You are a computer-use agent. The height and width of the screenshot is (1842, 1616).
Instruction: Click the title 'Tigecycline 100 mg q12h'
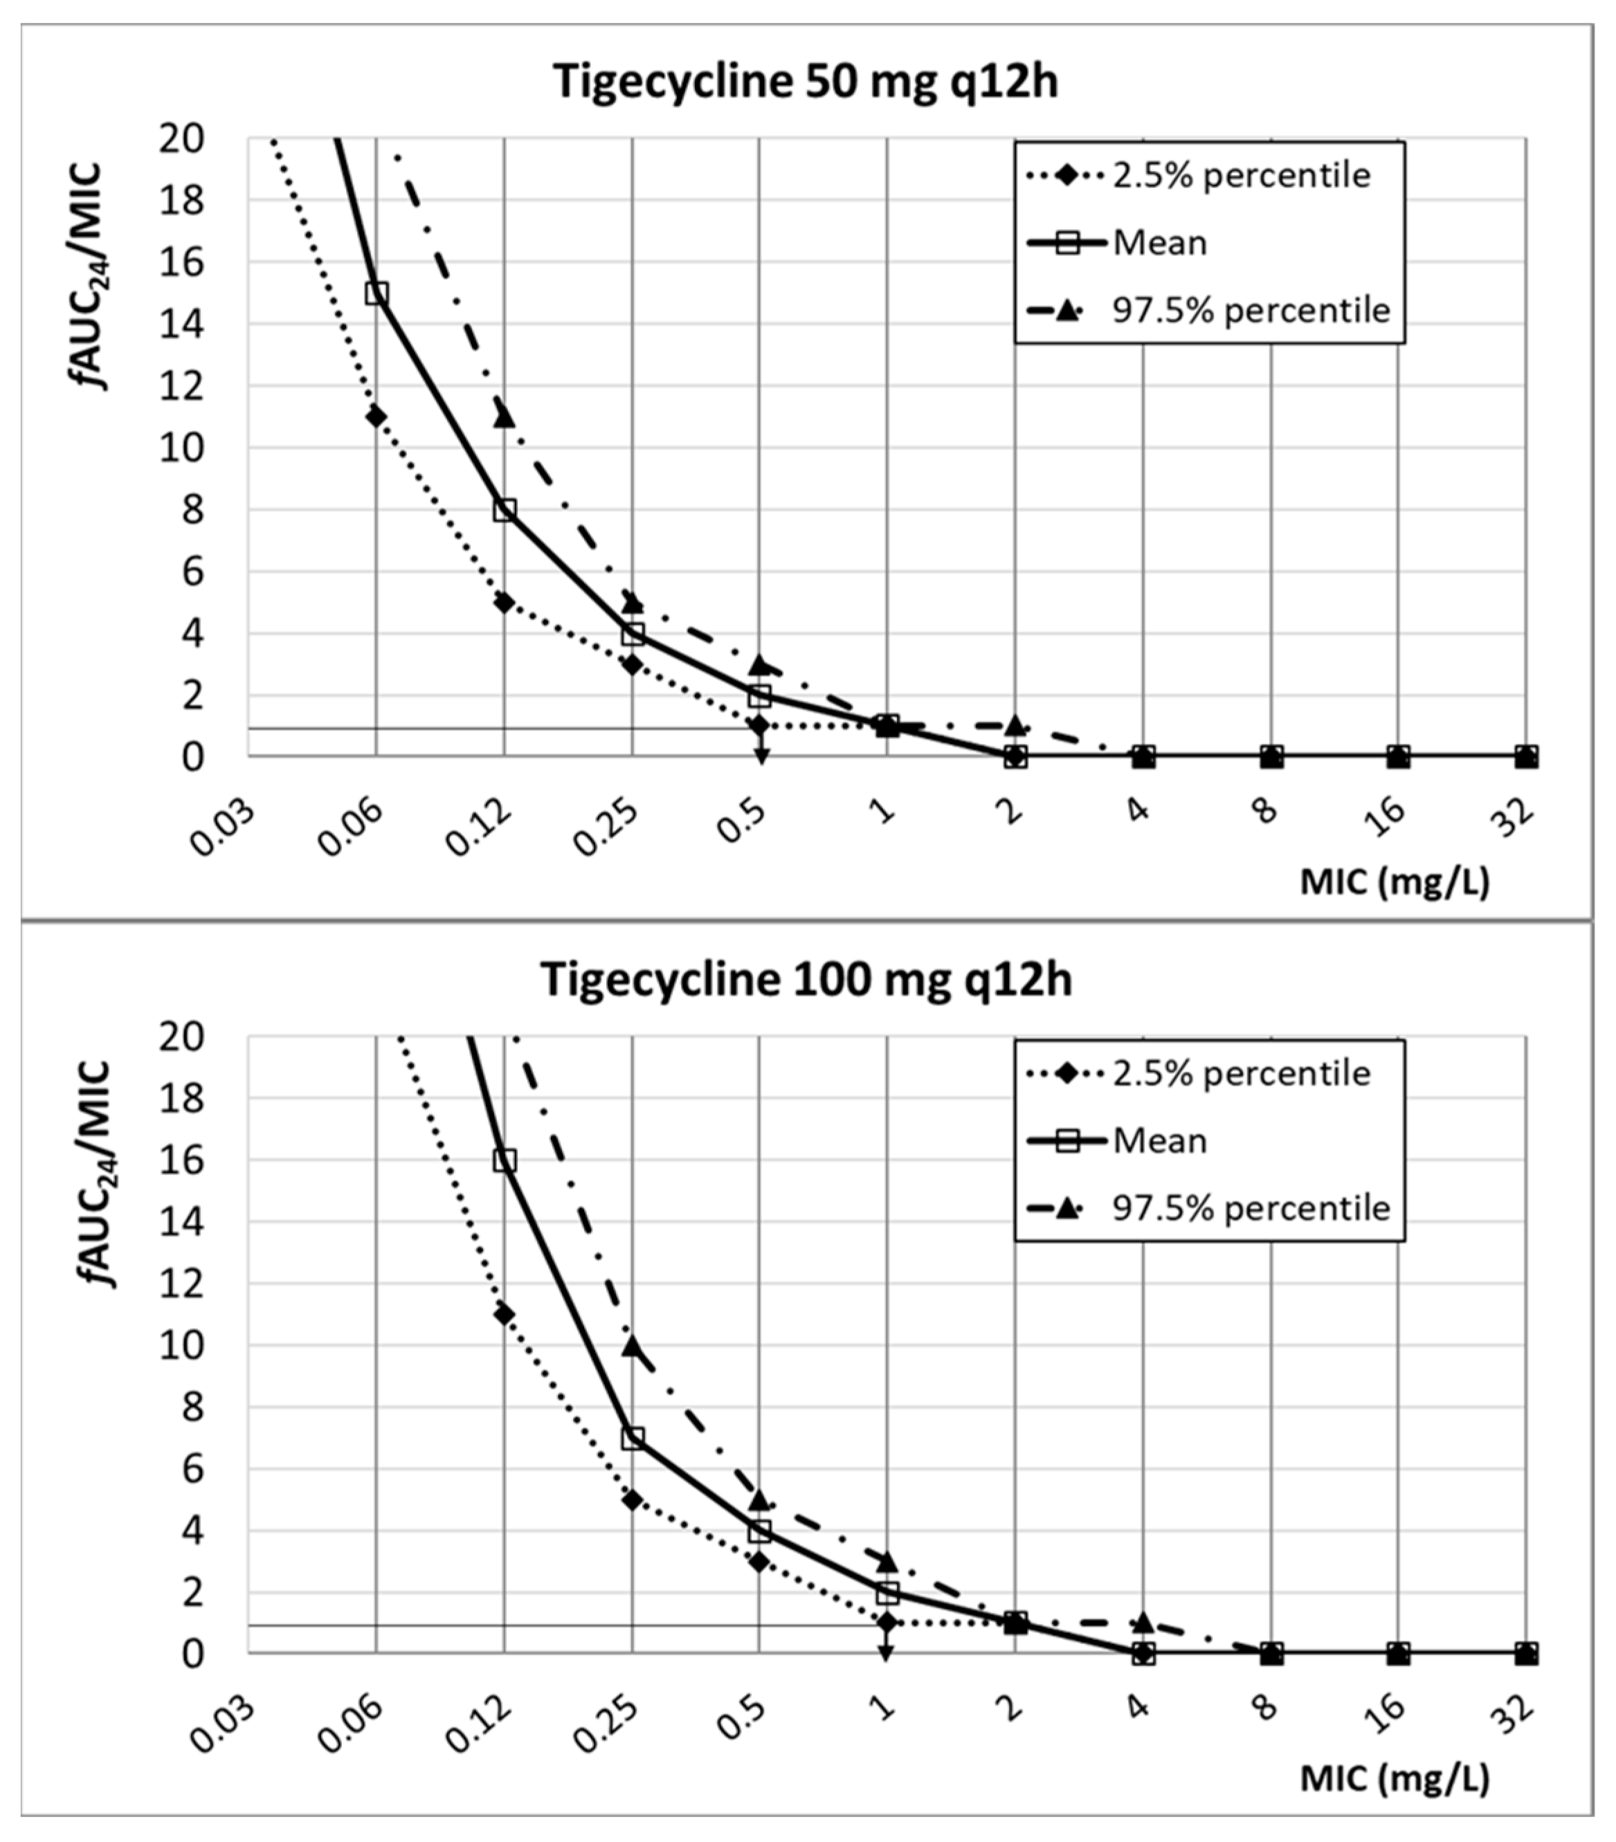[x=805, y=980]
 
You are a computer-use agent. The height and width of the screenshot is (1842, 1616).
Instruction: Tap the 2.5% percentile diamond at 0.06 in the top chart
[x=376, y=417]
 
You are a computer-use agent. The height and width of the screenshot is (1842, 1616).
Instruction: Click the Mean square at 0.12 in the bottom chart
[x=504, y=1160]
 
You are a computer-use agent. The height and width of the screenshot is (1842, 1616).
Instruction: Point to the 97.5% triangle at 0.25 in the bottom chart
[x=633, y=1347]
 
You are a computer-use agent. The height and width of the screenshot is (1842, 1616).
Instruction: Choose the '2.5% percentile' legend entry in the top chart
[x=1240, y=175]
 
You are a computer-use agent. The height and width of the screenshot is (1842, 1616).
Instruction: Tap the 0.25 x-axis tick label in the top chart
[x=606, y=828]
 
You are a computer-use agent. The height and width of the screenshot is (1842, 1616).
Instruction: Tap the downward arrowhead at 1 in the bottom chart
[x=887, y=1653]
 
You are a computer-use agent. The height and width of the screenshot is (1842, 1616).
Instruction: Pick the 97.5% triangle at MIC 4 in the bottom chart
[x=1143, y=1622]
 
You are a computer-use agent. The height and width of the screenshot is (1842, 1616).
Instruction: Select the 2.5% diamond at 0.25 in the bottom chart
[x=633, y=1500]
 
